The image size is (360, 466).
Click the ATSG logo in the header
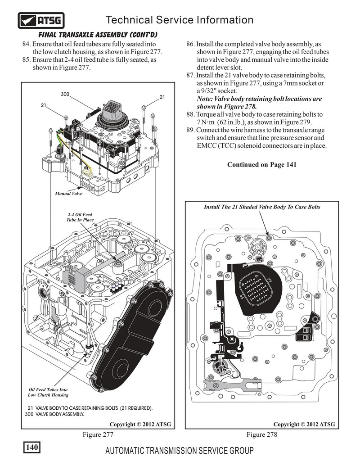pyautogui.click(x=41, y=20)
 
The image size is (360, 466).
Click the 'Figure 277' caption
pyautogui.click(x=97, y=434)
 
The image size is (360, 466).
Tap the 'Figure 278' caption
pyautogui.click(x=262, y=434)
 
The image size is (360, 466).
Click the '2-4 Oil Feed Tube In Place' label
pyautogui.click(x=81, y=217)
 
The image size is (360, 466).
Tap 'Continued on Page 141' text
pyautogui.click(x=261, y=164)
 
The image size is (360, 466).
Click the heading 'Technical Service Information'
pyautogui.click(x=179, y=20)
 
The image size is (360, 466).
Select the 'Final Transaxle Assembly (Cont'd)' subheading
pyautogui.click(x=97, y=35)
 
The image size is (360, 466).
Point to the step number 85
pyautogui.click(x=26, y=59)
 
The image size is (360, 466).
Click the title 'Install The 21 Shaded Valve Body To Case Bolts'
pyautogui.click(x=262, y=207)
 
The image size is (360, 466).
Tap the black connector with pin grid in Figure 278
pyautogui.click(x=258, y=291)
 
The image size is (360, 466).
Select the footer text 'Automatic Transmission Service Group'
pyautogui.click(x=179, y=451)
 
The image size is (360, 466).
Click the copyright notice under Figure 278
pyautogui.click(x=304, y=424)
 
